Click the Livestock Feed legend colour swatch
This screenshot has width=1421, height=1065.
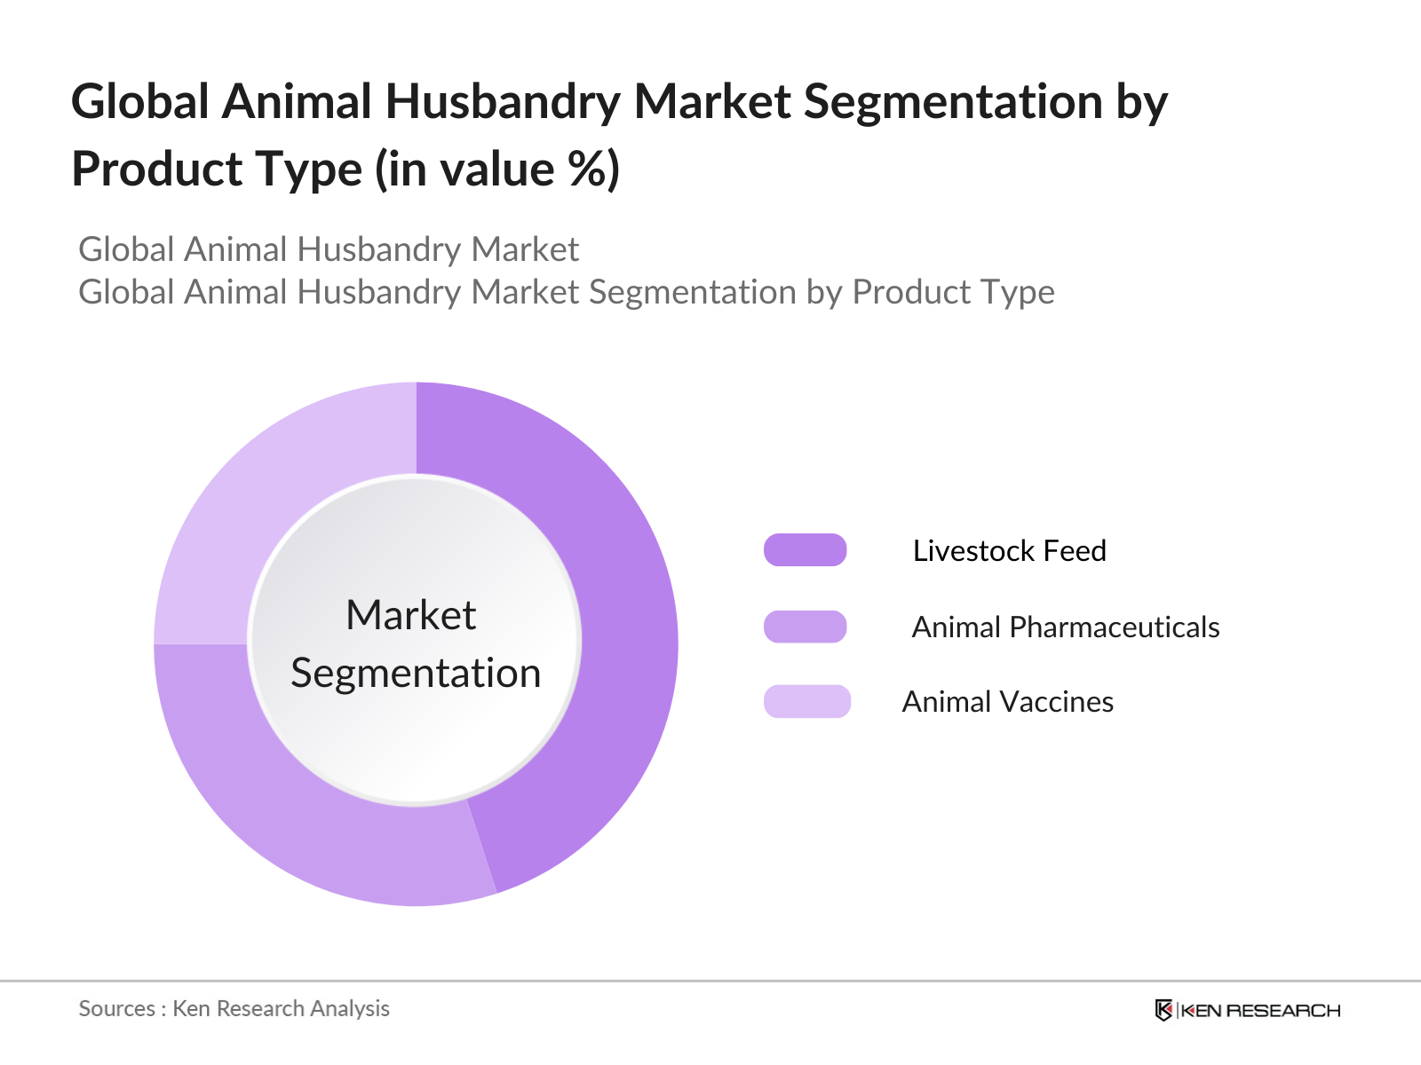pyautogui.click(x=805, y=550)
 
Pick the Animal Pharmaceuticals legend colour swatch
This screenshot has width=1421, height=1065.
pyautogui.click(x=805, y=627)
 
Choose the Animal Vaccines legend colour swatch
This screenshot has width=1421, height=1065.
pyautogui.click(x=806, y=701)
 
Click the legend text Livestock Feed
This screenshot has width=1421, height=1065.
pyautogui.click(x=1009, y=551)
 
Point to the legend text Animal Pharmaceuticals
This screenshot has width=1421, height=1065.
pyautogui.click(x=1065, y=627)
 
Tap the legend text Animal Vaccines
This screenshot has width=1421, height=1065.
pyautogui.click(x=1007, y=702)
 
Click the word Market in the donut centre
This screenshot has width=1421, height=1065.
pyautogui.click(x=410, y=615)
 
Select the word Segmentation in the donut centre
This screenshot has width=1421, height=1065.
pyautogui.click(x=416, y=674)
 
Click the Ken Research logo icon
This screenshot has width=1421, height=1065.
pyautogui.click(x=1163, y=1010)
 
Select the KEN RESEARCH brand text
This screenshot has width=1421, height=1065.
pyautogui.click(x=1260, y=1010)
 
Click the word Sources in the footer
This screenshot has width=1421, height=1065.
pyautogui.click(x=116, y=1008)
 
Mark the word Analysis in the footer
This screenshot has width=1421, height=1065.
pyautogui.click(x=350, y=1008)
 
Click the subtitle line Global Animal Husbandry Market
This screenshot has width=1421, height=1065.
pyautogui.click(x=329, y=249)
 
